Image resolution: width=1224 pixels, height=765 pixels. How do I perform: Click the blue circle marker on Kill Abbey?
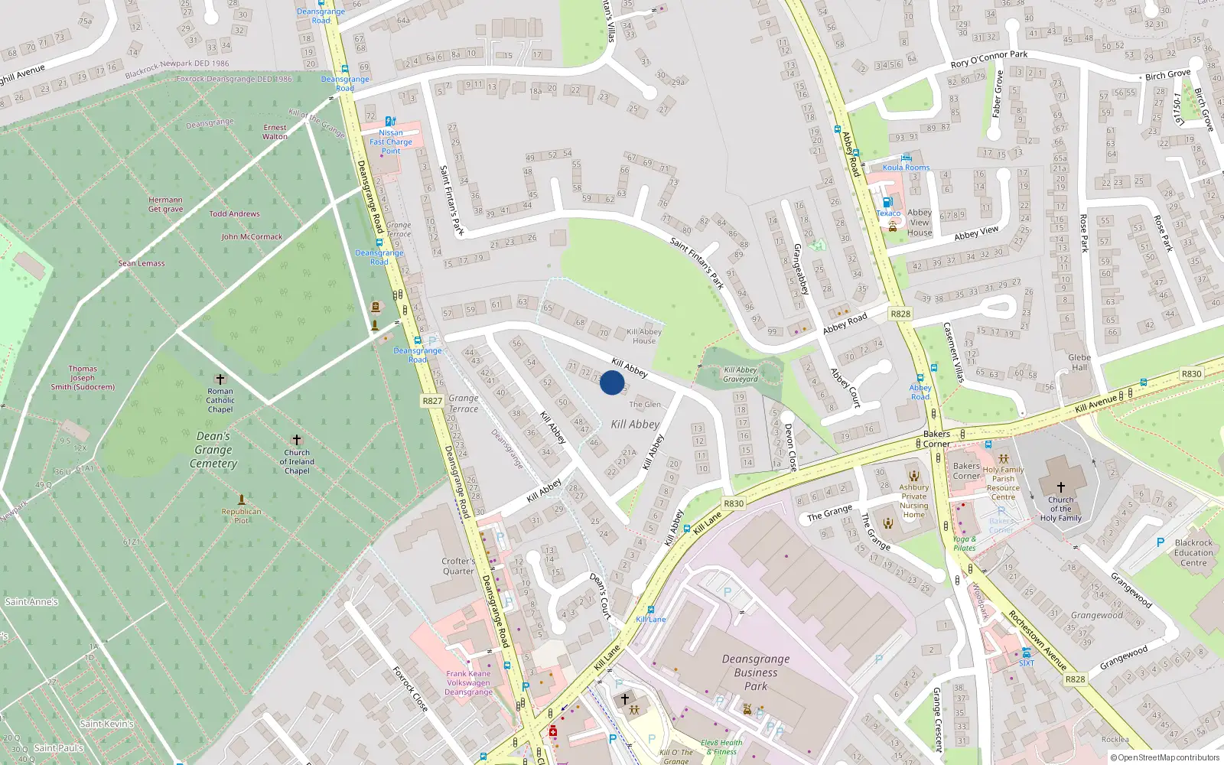[611, 382]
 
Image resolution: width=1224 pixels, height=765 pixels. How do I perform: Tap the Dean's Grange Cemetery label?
[213, 450]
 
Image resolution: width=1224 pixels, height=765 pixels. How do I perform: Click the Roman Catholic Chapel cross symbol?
[220, 379]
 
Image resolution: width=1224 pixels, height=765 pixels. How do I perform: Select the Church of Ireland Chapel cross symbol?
[297, 440]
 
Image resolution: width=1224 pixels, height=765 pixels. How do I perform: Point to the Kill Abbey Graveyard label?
[740, 374]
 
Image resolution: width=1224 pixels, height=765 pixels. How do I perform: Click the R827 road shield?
[432, 400]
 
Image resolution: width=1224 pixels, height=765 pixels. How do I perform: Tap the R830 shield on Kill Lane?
[733, 503]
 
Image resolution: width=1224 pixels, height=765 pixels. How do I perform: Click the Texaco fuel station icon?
[887, 203]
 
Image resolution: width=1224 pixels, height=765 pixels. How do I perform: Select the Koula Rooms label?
[906, 168]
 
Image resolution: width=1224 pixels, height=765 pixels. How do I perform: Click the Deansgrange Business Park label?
[755, 672]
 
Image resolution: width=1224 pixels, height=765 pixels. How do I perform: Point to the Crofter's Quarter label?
[458, 566]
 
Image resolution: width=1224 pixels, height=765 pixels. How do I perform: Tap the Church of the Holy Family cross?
[1060, 487]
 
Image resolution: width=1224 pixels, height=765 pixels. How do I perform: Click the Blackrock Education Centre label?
[1193, 552]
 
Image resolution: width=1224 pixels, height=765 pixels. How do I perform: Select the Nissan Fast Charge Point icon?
[390, 121]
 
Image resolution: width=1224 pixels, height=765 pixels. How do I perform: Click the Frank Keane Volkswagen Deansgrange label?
[469, 683]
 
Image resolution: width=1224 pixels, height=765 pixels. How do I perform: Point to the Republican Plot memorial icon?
[242, 500]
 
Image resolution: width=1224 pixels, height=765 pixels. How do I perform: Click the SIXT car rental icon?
[1026, 653]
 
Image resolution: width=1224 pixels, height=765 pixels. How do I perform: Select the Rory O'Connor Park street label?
[988, 59]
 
